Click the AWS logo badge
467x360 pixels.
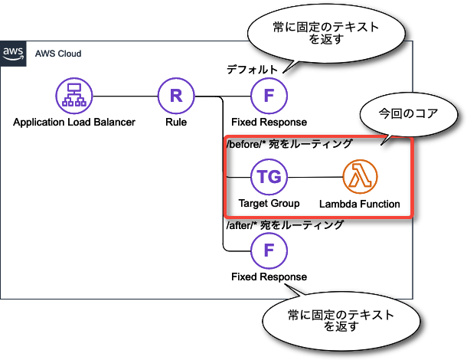click(13, 54)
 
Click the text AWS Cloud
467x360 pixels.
click(58, 54)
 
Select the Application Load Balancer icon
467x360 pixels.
click(73, 97)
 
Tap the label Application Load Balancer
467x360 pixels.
click(74, 122)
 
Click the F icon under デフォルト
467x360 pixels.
click(269, 97)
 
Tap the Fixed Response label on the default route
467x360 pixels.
click(269, 122)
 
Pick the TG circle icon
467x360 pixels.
click(269, 178)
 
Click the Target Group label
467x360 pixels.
click(269, 203)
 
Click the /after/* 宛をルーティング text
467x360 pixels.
click(283, 225)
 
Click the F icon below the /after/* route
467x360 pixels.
click(269, 250)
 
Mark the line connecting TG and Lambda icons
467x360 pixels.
click(315, 178)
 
